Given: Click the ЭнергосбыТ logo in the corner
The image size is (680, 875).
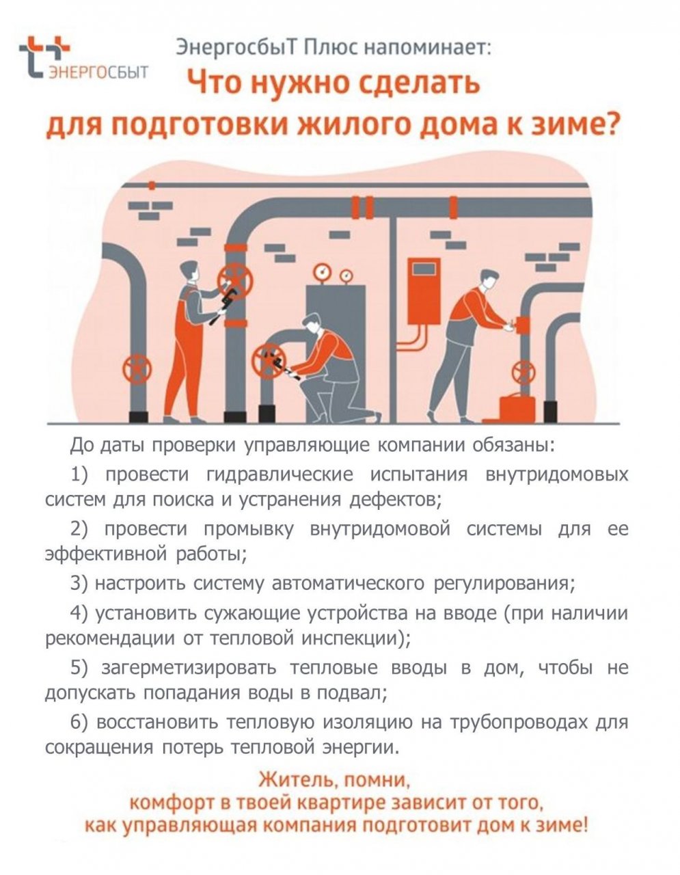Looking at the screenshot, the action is coord(83,58).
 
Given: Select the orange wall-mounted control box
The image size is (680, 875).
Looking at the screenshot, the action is coord(424,291).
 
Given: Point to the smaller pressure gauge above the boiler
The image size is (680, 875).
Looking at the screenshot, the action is coord(346,276).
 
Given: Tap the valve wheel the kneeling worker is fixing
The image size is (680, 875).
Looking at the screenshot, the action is coord(269,361).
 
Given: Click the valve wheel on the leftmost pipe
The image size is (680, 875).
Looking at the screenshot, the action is coord(137,369).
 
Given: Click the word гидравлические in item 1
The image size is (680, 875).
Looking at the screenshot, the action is coord(280,475).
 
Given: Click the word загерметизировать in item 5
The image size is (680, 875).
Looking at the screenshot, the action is coord(189,668).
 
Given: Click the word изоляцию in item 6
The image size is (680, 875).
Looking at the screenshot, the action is coord(368,723).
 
